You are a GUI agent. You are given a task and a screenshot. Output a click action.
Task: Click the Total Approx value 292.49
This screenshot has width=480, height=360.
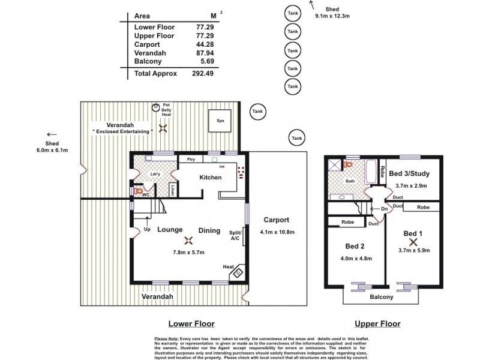pos(207,74)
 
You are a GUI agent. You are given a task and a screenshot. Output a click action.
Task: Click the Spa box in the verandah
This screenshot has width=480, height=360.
pos(220,121)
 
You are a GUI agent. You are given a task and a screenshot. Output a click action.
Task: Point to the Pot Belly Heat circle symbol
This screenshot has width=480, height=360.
pos(156,107)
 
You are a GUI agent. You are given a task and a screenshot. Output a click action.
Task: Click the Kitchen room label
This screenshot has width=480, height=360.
pos(211,178)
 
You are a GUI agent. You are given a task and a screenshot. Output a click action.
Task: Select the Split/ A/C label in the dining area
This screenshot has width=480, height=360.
pos(235,235)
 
